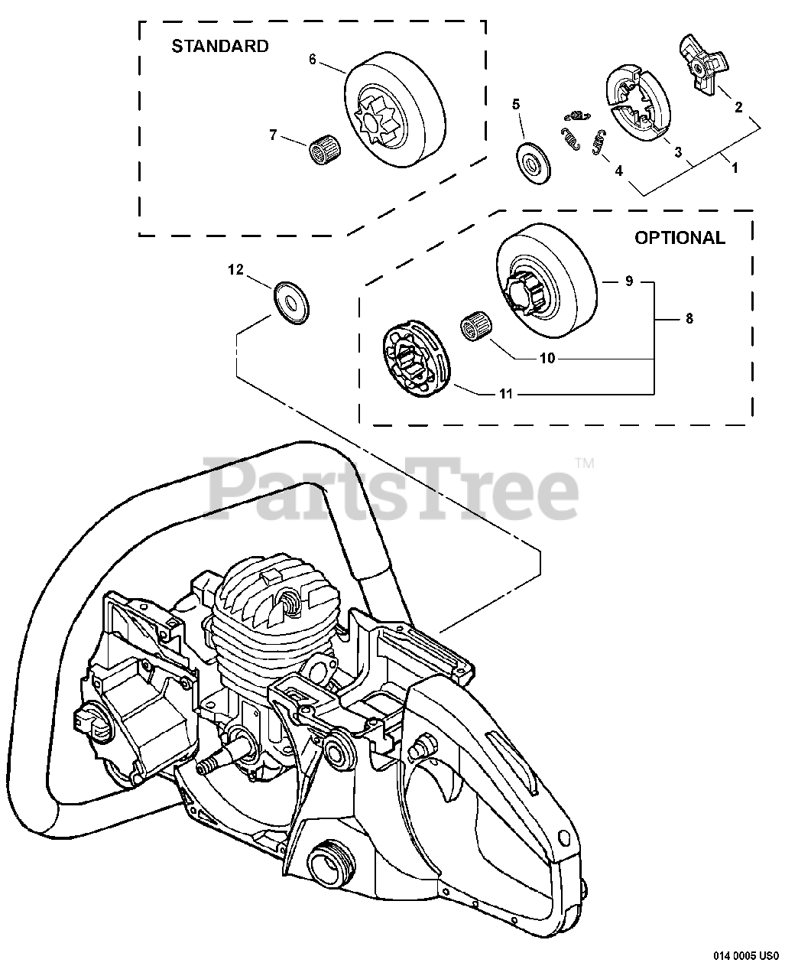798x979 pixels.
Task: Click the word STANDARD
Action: pyautogui.click(x=219, y=46)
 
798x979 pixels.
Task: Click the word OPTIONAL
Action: pyautogui.click(x=680, y=238)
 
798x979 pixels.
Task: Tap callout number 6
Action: pyautogui.click(x=313, y=59)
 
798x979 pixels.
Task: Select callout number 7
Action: pyautogui.click(x=273, y=135)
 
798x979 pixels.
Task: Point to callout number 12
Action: pyautogui.click(x=235, y=269)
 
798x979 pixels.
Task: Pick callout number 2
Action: pyautogui.click(x=738, y=107)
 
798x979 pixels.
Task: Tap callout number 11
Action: pyautogui.click(x=505, y=395)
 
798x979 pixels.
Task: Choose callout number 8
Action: pyautogui.click(x=689, y=319)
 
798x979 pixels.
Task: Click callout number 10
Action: pyautogui.click(x=547, y=357)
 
